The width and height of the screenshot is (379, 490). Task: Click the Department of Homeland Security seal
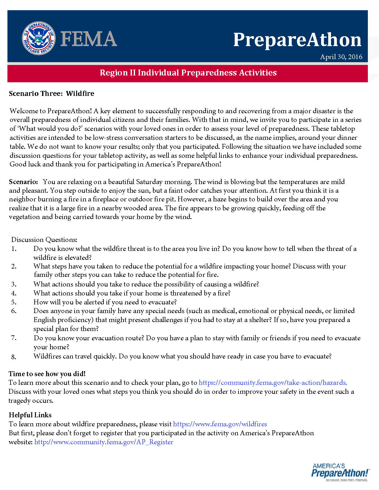click(x=38, y=38)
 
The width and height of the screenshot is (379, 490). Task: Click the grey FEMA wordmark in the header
click(x=89, y=39)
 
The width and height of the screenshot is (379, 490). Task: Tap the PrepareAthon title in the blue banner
click(x=297, y=40)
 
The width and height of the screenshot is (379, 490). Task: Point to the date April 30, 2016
click(x=341, y=57)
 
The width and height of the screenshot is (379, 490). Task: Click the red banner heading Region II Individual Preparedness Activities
click(x=188, y=73)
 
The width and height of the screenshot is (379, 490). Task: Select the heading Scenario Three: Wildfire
click(x=51, y=93)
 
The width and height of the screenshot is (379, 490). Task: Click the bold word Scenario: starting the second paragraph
click(x=23, y=182)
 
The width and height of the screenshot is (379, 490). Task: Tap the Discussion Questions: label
click(x=44, y=239)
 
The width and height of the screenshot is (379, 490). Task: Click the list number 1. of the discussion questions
click(x=14, y=249)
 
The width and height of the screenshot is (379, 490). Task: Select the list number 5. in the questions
click(x=14, y=302)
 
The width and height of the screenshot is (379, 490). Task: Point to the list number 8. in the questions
click(x=14, y=357)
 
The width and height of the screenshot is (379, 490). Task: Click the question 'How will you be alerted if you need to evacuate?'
click(x=105, y=302)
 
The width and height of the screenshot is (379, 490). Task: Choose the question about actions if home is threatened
click(x=132, y=293)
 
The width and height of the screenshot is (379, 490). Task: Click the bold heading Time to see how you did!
click(x=47, y=374)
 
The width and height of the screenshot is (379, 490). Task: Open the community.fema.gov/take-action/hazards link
click(x=272, y=383)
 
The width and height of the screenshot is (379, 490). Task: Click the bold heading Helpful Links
click(x=30, y=415)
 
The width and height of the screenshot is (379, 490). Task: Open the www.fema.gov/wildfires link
click(x=220, y=424)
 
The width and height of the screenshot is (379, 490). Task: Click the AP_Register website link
click(x=104, y=442)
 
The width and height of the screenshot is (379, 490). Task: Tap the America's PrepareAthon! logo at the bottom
click(x=340, y=472)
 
